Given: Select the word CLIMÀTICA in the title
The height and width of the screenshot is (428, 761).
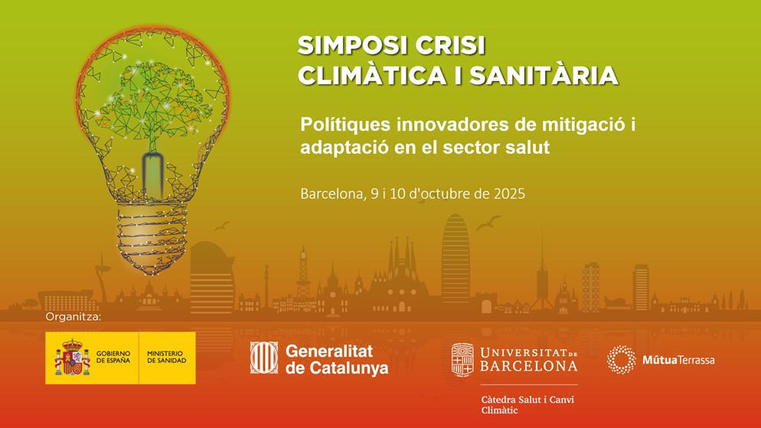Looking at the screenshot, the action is (371, 76).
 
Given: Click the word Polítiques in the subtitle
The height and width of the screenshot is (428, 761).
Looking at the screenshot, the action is (345, 125).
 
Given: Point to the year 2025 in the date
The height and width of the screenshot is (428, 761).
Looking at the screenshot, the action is (509, 194).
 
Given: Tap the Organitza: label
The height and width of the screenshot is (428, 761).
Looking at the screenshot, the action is (73, 317).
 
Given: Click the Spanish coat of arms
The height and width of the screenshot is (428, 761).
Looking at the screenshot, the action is (72, 358).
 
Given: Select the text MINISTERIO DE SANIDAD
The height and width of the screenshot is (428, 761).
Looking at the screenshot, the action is (166, 357).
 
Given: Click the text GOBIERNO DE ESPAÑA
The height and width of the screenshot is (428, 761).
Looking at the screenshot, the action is (113, 357).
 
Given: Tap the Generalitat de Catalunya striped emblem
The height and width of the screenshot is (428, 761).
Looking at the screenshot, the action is (264, 358).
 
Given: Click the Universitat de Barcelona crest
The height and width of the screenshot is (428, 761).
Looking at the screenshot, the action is (462, 360).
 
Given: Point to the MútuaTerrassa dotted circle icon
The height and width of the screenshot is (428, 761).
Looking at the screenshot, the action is (621, 360).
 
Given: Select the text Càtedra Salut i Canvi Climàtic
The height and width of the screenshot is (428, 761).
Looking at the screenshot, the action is (527, 405).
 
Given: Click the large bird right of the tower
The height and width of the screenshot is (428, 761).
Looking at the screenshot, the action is (487, 223).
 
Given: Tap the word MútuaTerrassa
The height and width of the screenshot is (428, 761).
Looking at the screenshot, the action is (678, 360).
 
